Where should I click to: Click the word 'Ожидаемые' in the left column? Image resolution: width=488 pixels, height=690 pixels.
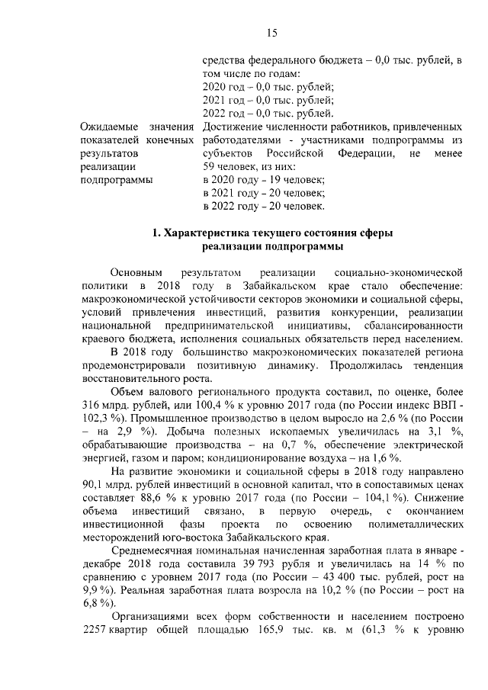[109, 126]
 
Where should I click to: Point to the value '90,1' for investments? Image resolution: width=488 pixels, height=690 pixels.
[92, 486]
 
